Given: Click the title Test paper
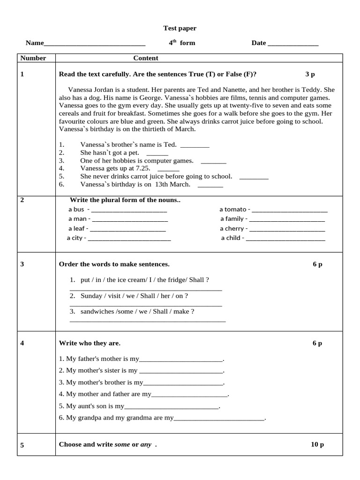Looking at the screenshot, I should (x=177, y=28).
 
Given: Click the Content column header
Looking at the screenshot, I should (x=146, y=58).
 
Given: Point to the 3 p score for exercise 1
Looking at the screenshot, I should (x=310, y=74).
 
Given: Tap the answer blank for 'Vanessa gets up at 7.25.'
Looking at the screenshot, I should (x=168, y=170).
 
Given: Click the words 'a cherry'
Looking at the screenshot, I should (x=232, y=229).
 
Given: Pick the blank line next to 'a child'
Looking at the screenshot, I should (x=285, y=240).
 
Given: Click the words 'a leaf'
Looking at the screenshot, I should (x=76, y=229).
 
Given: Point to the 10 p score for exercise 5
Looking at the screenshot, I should (x=317, y=444).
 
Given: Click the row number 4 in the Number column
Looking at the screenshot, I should (x=22, y=343).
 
